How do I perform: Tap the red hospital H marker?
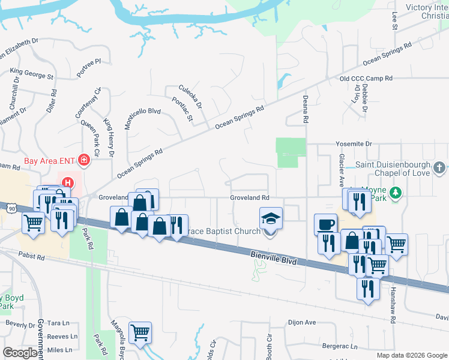coord(68,182)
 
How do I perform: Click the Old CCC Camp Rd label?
coord(366,79)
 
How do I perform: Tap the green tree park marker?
coord(395,193)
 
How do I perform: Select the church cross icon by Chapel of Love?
coord(439,167)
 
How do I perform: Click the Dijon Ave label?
coord(302,322)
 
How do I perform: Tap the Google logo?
coord(20,352)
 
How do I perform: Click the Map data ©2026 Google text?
coord(412,355)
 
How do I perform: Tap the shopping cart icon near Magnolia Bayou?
coord(140,332)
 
